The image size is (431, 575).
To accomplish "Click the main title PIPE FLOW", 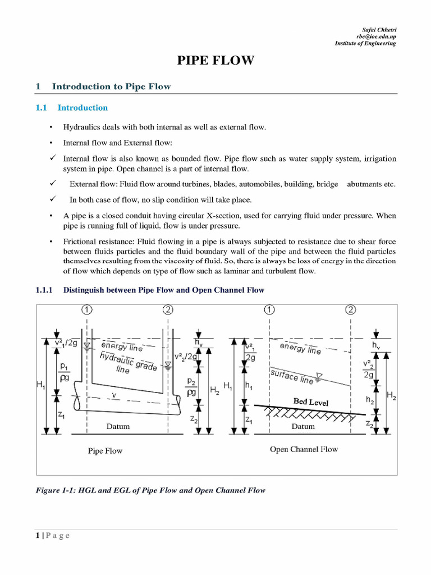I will (x=215, y=61).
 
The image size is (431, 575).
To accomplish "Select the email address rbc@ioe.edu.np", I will (x=377, y=36).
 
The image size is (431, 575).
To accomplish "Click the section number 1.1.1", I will (x=44, y=290).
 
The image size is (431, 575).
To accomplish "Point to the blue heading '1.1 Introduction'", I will (x=72, y=108).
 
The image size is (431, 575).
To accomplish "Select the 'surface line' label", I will (x=292, y=376).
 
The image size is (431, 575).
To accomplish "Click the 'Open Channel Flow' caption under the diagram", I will (x=304, y=449).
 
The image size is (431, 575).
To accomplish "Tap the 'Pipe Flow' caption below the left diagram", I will (x=105, y=451).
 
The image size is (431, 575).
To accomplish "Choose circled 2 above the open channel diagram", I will (x=351, y=310).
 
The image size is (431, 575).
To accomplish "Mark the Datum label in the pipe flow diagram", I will (x=118, y=426).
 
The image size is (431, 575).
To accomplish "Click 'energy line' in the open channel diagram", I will (x=300, y=348).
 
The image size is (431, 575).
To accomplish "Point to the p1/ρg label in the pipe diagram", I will (x=65, y=371).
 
